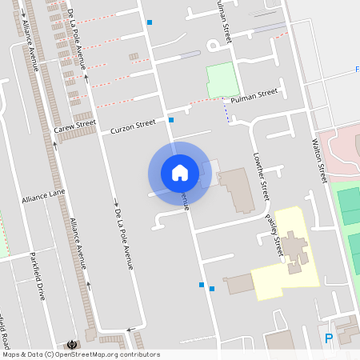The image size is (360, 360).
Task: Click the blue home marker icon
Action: (x=180, y=173)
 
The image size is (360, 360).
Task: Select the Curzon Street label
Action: (x=133, y=125)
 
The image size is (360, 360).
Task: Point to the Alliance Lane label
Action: (x=43, y=196)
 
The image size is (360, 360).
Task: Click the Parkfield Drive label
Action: (x=38, y=276)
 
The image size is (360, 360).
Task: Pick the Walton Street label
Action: (x=318, y=157)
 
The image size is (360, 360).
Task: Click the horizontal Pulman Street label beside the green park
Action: (x=254, y=95)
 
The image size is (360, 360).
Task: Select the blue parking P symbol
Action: (x=329, y=339)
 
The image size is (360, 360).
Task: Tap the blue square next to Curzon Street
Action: (x=171, y=120)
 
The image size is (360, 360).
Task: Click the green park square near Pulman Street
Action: (x=223, y=81)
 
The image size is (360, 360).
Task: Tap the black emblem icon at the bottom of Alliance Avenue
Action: (x=74, y=344)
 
